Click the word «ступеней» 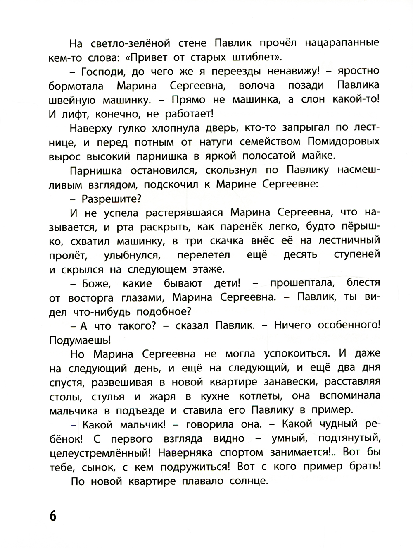pos(356,255)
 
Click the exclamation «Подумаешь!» pos(80,340)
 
